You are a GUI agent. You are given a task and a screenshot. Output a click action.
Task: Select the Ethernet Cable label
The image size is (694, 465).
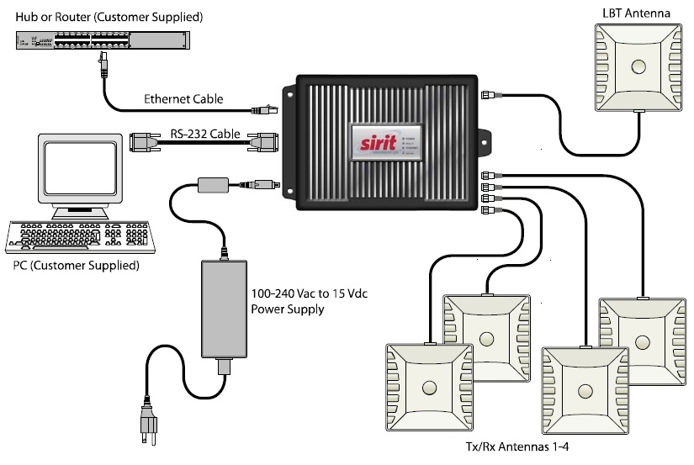183,99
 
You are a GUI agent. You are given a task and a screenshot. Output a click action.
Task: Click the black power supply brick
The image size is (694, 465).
225,310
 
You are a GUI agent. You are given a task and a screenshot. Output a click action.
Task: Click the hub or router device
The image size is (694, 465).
101,39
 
